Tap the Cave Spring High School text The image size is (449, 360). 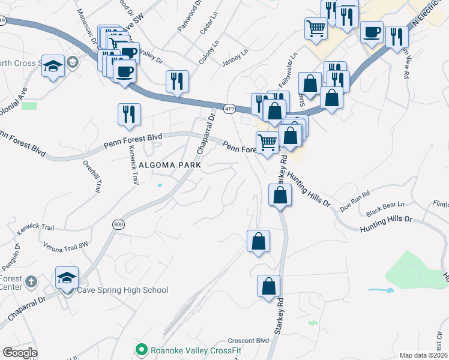[x=123, y=290]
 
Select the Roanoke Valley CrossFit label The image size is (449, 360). [x=192, y=349]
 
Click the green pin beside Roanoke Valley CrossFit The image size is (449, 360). [x=142, y=349]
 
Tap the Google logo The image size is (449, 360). [x=20, y=353]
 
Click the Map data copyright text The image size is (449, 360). [x=424, y=355]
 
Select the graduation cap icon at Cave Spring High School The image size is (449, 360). [x=67, y=277]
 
